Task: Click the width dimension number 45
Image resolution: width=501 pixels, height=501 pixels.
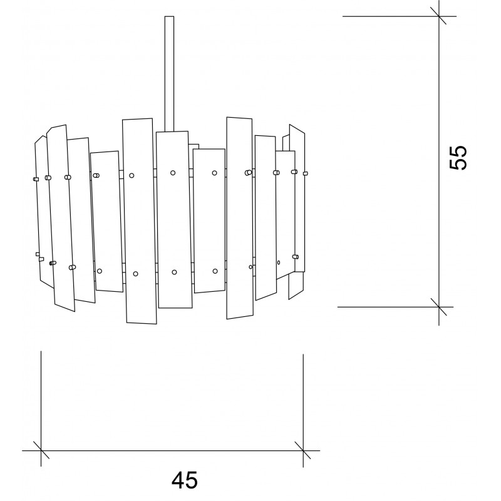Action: point(185,480)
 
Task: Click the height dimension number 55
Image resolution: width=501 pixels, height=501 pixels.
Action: point(458,158)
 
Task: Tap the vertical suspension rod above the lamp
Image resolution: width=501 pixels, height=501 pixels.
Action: point(169,74)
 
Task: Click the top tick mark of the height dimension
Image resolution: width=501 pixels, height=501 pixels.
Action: point(439,16)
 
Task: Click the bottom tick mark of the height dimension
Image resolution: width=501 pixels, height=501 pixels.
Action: point(439,307)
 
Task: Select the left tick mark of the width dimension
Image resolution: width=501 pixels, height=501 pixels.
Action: point(41,450)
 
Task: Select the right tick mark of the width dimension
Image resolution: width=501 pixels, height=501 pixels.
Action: point(303,450)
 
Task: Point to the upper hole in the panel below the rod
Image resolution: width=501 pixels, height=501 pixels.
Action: point(173,173)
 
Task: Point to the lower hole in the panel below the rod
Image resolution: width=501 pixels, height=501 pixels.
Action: point(174,272)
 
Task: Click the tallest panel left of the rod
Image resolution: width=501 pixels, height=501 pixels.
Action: point(139,221)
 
